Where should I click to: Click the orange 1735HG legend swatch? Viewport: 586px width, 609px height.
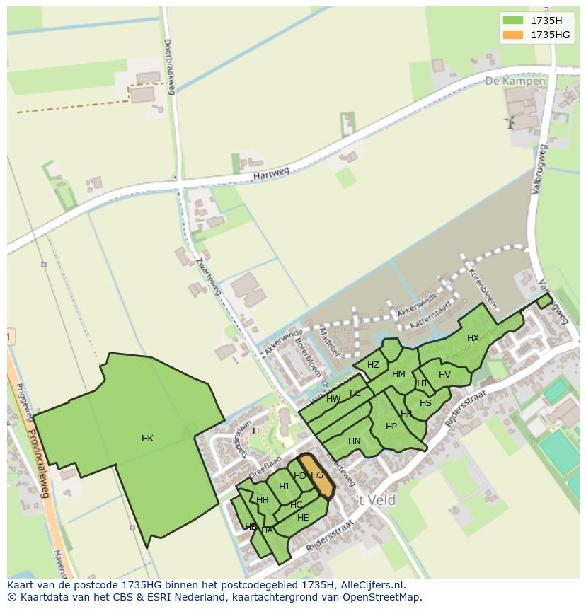tap(514, 35)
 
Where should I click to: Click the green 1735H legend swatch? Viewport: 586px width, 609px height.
tap(514, 21)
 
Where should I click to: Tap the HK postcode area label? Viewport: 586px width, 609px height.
tap(147, 439)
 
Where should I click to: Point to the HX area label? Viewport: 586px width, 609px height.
tap(473, 338)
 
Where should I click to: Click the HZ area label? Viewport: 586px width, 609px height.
tap(373, 365)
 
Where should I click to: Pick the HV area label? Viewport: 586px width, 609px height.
tap(444, 375)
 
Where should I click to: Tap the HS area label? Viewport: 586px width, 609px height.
tap(425, 403)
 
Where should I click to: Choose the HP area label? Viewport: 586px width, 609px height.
tap(391, 427)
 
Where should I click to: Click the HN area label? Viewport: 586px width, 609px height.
tap(355, 441)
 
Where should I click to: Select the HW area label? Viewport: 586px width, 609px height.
tap(333, 399)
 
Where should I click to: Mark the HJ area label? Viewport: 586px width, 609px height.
tap(284, 486)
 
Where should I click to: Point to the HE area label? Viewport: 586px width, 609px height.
tap(303, 518)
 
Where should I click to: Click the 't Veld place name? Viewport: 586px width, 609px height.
tap(376, 500)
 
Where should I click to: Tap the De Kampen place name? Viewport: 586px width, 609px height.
tap(515, 81)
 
